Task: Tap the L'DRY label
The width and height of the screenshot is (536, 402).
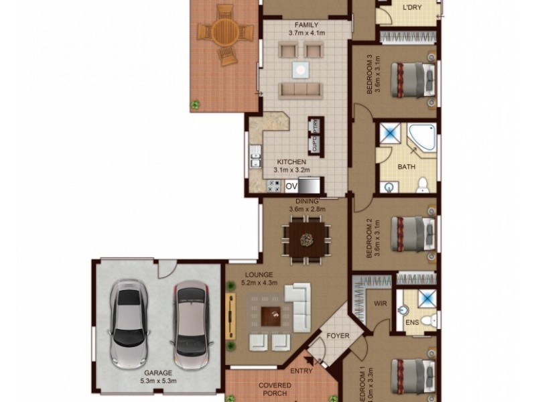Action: click(x=411, y=8)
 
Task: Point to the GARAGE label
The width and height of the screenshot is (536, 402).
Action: click(x=158, y=373)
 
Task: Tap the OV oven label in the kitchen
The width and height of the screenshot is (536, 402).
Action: click(x=291, y=186)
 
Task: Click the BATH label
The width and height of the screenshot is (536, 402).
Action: click(x=407, y=166)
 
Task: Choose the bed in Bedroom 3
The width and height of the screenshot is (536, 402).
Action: click(x=411, y=80)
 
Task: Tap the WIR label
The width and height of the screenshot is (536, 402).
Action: click(x=381, y=303)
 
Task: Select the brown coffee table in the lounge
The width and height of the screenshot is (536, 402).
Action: click(x=271, y=314)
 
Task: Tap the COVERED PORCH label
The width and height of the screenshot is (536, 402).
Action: click(x=275, y=389)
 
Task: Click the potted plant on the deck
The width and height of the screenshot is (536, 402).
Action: click(x=195, y=104)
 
